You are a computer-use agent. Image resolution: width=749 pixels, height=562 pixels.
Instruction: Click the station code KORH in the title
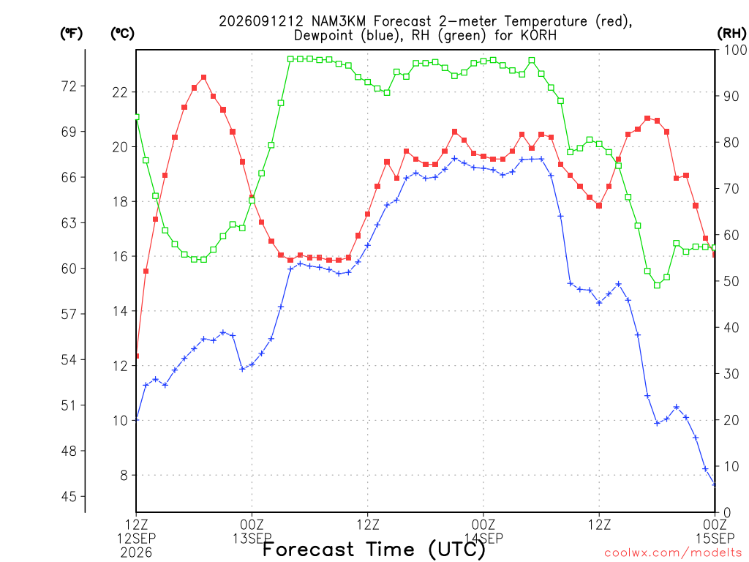pyautogui.click(x=538, y=35)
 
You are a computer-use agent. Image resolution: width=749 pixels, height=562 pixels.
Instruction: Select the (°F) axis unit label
pyautogui.click(x=71, y=34)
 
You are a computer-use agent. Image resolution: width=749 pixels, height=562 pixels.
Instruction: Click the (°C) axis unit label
pyautogui.click(x=122, y=34)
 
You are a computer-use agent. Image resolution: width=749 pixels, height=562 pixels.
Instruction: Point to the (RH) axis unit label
pyautogui.click(x=731, y=34)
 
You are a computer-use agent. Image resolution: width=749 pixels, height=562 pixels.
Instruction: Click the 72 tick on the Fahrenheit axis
pyautogui.click(x=69, y=86)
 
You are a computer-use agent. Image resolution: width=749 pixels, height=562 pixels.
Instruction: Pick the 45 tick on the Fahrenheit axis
pyautogui.click(x=69, y=497)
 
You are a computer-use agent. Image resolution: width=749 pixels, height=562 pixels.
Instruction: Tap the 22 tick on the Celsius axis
pyautogui.click(x=120, y=92)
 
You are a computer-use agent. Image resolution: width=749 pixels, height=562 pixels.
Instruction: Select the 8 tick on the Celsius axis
pyautogui.click(x=124, y=476)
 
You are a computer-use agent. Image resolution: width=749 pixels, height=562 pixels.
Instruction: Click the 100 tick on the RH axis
pyautogui.click(x=735, y=50)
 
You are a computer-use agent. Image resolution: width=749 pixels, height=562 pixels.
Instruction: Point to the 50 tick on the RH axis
pyautogui.click(x=731, y=281)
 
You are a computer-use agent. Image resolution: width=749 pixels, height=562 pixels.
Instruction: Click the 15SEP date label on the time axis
pyautogui.click(x=715, y=539)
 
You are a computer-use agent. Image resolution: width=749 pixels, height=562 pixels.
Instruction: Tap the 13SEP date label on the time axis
pyautogui.click(x=252, y=539)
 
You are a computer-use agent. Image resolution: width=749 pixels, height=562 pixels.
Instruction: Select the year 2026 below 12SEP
pyautogui.click(x=136, y=553)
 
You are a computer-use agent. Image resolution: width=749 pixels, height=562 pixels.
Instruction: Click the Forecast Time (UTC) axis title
pyautogui.click(x=374, y=550)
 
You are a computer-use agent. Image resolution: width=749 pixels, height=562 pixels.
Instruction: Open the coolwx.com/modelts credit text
pyautogui.click(x=675, y=553)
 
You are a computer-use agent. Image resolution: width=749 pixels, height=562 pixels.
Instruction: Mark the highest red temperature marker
pyautogui.click(x=204, y=78)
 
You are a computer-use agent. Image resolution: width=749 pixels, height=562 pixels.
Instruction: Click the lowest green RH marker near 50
pyautogui.click(x=658, y=285)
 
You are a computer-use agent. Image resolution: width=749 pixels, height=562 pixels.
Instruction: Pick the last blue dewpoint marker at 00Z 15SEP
pyautogui.click(x=715, y=485)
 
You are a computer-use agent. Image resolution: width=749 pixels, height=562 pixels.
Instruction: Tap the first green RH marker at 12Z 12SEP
pyautogui.click(x=137, y=117)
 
